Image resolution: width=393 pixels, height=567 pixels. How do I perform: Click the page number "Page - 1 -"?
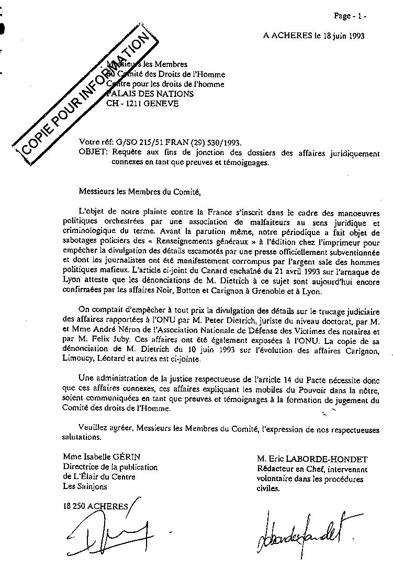tap(350, 16)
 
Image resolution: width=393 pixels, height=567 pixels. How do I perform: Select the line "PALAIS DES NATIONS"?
tap(150, 94)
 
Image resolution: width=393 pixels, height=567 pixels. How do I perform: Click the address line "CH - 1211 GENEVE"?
tap(142, 104)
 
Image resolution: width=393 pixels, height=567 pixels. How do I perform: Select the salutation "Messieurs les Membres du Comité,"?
tap(140, 192)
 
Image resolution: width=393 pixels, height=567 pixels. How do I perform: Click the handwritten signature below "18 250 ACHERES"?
tap(110, 529)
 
